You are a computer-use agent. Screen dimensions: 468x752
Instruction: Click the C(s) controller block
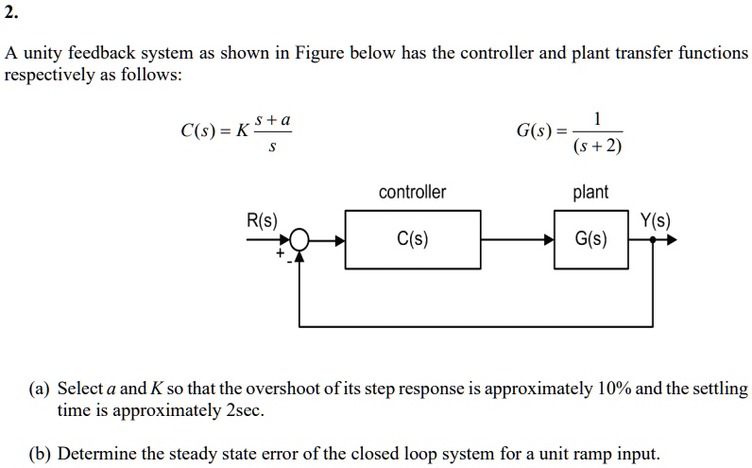click(x=413, y=239)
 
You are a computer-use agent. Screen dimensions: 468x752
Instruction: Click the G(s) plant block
click(x=591, y=239)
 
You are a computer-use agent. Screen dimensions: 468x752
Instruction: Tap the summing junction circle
click(x=299, y=240)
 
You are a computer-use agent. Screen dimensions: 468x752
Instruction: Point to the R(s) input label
click(x=262, y=221)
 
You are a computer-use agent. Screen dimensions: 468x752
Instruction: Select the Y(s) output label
click(x=655, y=221)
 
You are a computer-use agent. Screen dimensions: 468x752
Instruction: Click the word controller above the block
click(x=412, y=193)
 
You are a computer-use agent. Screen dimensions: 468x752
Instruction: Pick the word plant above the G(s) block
click(x=591, y=193)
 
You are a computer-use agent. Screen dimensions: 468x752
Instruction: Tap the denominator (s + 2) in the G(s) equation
click(x=597, y=147)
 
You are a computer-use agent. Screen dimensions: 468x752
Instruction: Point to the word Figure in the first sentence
click(x=319, y=53)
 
